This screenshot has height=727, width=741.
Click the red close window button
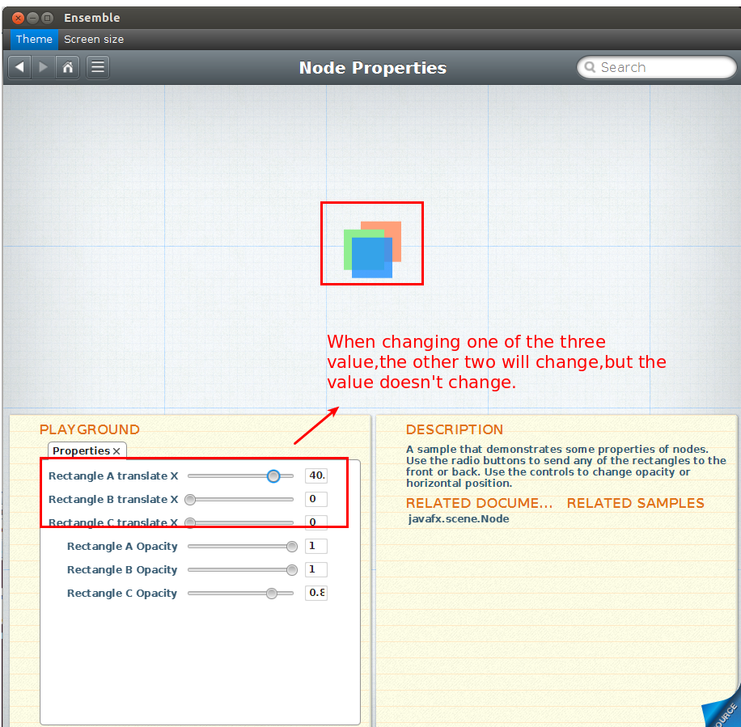click(x=18, y=18)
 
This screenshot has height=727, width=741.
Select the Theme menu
click(x=34, y=39)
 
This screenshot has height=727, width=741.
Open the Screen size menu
click(x=94, y=39)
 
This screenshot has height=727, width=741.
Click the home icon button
click(x=68, y=67)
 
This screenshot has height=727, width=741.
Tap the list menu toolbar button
click(x=98, y=67)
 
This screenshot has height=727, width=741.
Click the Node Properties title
click(x=373, y=68)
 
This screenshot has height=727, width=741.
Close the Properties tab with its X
click(x=116, y=451)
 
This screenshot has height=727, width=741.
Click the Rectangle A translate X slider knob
click(x=273, y=476)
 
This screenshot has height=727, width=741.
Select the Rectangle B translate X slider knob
click(x=190, y=499)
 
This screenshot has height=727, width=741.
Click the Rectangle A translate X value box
click(x=316, y=476)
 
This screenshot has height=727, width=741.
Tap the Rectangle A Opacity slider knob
click(x=292, y=547)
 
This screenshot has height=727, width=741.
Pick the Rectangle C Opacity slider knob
click(x=271, y=594)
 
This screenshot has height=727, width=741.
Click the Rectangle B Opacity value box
click(x=316, y=569)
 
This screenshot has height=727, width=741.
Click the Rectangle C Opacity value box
click(x=316, y=593)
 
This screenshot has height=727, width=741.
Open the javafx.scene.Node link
click(x=459, y=518)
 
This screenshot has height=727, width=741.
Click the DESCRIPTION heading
click(x=454, y=429)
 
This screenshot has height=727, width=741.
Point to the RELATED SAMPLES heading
click(x=635, y=503)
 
